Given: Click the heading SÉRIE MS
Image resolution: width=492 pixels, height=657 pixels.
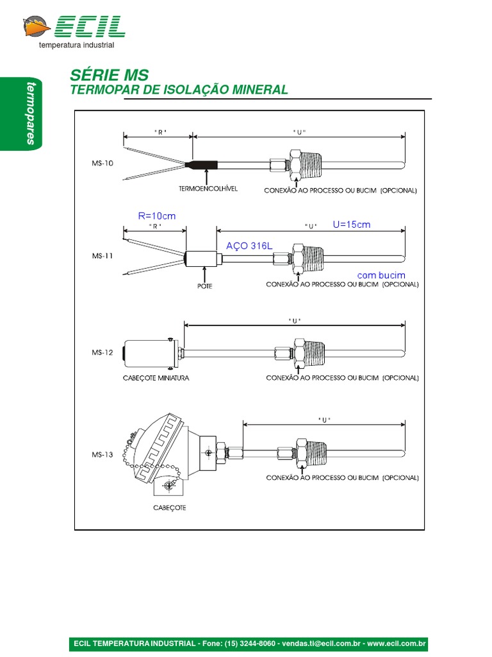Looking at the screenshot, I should tap(108, 75).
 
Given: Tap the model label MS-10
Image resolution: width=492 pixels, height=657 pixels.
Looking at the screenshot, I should tap(102, 164).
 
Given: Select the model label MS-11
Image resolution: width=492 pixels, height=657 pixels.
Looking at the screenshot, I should tap(102, 255).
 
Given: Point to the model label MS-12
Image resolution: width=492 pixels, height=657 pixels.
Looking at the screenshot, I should tap(102, 352).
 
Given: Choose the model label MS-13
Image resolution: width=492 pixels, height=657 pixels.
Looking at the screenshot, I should tap(102, 454).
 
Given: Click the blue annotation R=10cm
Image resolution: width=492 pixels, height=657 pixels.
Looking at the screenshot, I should tap(157, 216).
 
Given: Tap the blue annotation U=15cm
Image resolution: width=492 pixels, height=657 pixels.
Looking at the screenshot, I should tap(352, 225).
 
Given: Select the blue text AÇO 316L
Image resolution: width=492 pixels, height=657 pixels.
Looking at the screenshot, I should tap(249, 246).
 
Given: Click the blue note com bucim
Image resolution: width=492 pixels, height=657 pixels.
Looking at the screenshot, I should tap(381, 275).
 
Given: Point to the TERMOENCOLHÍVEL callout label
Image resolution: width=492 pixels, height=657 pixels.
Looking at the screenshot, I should tap(208, 189).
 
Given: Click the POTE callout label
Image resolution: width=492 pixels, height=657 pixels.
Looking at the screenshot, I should tap(204, 286).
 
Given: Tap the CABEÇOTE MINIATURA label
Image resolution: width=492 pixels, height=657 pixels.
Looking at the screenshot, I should tap(156, 378).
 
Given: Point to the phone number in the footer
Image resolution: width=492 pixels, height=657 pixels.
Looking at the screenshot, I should tap(242, 644).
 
